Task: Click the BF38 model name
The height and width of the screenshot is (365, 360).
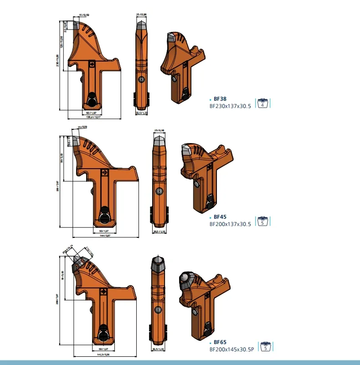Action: pyautogui.click(x=220, y=98)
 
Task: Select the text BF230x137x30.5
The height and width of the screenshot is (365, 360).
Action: pyautogui.click(x=230, y=106)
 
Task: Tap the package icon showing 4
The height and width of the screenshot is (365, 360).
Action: pyautogui.click(x=263, y=103)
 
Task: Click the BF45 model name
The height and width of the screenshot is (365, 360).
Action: pyautogui.click(x=220, y=217)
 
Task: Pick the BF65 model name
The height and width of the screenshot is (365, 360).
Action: pyautogui.click(x=220, y=342)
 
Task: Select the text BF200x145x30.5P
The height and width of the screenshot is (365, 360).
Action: pyautogui.click(x=231, y=350)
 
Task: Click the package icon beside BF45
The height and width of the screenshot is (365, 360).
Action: pyautogui.click(x=263, y=221)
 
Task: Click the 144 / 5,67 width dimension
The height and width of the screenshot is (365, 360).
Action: pyautogui.click(x=104, y=236)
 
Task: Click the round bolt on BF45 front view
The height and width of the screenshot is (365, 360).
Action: pyautogui.click(x=159, y=192)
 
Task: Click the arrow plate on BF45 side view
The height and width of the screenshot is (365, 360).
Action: pyautogui.click(x=104, y=173)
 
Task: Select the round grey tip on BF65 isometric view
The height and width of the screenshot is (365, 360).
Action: pyautogui.click(x=186, y=278)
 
